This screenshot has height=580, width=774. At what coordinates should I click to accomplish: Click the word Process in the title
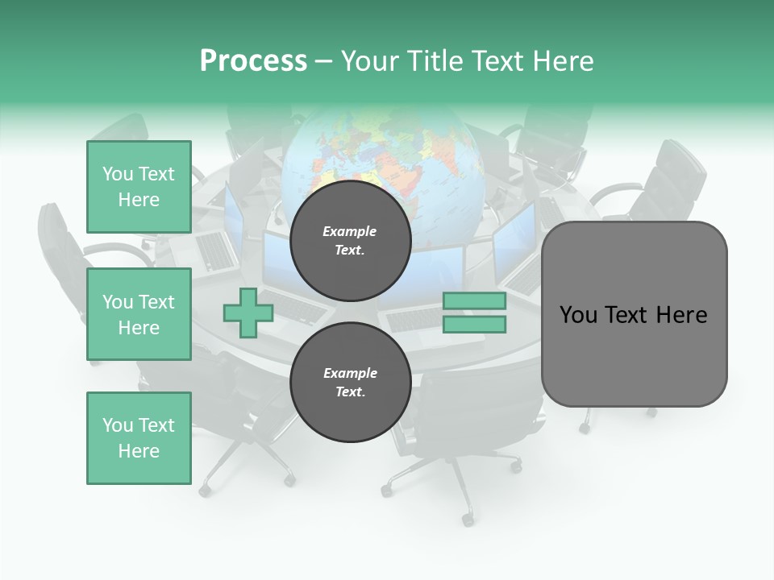(253, 61)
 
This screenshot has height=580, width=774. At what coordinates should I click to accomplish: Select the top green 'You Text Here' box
(139, 187)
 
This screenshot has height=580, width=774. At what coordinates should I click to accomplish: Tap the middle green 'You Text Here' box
(139, 314)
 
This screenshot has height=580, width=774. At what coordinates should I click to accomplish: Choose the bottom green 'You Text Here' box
(139, 438)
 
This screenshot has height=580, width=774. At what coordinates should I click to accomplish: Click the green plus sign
(248, 313)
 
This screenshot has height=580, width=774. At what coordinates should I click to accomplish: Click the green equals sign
(475, 313)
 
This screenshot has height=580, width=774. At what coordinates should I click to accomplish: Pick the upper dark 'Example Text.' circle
(350, 240)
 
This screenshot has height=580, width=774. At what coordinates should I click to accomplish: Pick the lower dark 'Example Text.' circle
(350, 382)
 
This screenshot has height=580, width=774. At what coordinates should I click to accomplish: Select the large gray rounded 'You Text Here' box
(634, 314)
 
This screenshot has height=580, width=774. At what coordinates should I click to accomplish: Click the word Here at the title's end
(563, 61)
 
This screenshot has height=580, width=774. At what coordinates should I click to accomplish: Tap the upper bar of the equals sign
(475, 301)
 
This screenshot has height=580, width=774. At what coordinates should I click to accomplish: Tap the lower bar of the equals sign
(475, 325)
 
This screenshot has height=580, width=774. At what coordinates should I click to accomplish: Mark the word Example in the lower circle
(350, 373)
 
